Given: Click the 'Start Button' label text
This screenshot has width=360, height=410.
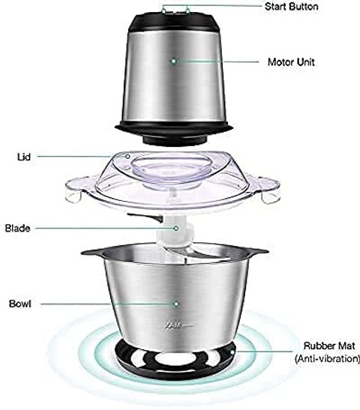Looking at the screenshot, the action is (292, 7).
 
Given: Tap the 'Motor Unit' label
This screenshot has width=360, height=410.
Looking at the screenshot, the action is (291, 62).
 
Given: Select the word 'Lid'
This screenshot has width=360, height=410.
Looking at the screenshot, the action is (24, 157).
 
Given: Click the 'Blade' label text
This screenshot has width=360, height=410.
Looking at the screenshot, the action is (17, 229).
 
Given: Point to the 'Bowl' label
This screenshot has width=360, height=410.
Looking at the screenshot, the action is (20, 304).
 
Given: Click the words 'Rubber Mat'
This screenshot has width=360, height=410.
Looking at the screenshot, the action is (329, 346).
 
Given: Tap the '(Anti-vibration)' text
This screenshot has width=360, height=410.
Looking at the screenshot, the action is (327, 358).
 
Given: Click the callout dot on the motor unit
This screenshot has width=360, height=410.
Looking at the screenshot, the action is (173, 61).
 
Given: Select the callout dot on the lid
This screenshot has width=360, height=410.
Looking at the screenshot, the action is (127, 157).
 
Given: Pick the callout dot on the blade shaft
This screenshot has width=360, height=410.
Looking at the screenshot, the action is (176, 229).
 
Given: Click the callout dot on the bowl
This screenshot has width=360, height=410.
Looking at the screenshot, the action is (176, 304).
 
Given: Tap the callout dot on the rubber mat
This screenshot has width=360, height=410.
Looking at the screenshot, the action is (232, 352).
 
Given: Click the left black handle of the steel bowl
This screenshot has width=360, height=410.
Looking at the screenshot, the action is (91, 252).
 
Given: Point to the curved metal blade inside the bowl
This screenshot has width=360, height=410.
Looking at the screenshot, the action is (199, 253).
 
